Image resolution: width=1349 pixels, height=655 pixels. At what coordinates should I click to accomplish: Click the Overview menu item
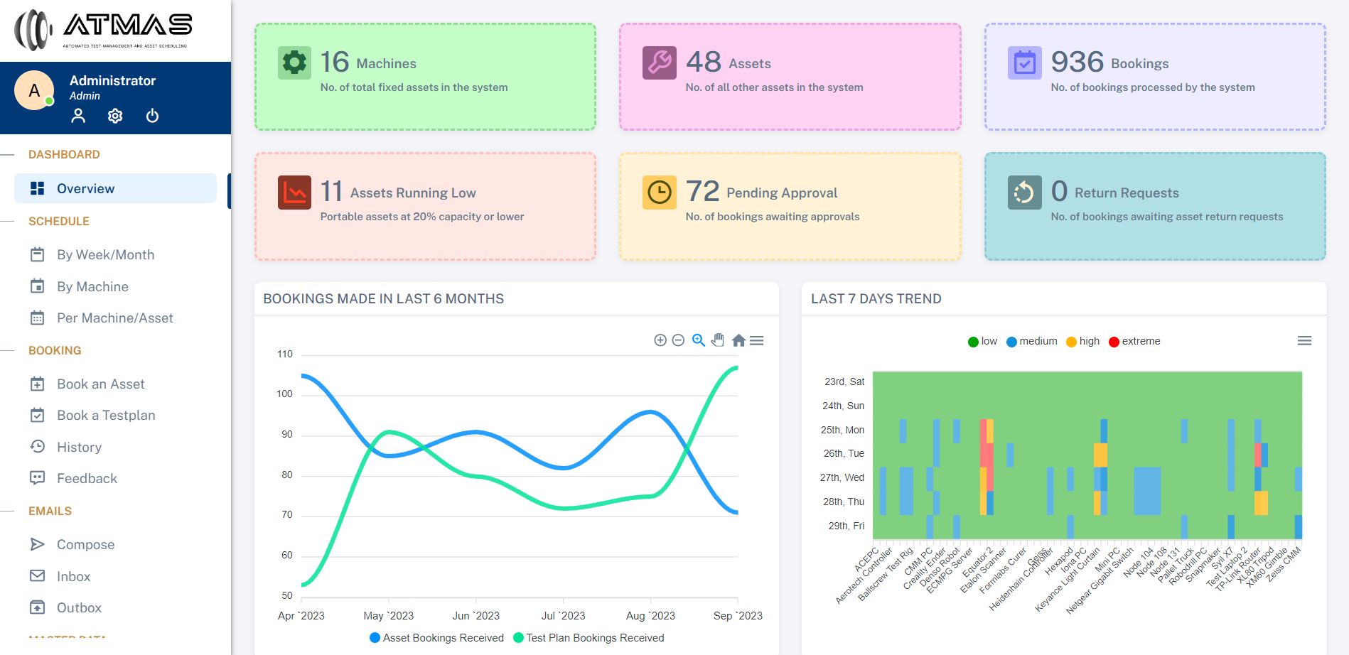point(85,189)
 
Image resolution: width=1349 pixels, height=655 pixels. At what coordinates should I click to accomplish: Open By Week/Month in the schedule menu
point(105,255)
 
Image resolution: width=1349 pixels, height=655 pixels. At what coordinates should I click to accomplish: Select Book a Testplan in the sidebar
point(105,416)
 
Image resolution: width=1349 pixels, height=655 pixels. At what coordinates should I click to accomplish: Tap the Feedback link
point(87,479)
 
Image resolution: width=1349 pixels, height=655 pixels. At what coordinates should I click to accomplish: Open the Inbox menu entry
point(73,577)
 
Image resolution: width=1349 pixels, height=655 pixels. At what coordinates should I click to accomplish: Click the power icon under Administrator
point(152,116)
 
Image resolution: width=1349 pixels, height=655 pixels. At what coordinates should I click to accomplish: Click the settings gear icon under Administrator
point(115,116)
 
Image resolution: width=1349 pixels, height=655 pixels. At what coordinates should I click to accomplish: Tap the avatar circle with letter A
point(34,91)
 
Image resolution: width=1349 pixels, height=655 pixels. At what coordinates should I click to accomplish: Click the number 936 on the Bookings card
point(1077,63)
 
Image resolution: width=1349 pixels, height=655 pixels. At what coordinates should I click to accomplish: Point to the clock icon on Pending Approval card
point(660,193)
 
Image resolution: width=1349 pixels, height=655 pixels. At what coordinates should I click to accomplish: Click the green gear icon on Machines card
point(294,63)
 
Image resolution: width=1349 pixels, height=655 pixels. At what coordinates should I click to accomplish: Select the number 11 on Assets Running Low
point(331,192)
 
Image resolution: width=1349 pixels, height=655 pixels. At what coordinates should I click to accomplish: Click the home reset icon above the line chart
point(738,340)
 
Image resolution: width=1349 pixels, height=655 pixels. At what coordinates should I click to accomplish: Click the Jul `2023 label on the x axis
point(563,616)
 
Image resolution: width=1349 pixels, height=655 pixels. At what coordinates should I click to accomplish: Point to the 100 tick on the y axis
point(284,394)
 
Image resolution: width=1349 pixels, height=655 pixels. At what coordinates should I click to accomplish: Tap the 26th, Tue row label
point(844,454)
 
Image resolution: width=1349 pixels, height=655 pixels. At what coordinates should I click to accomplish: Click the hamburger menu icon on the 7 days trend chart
point(1304,341)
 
